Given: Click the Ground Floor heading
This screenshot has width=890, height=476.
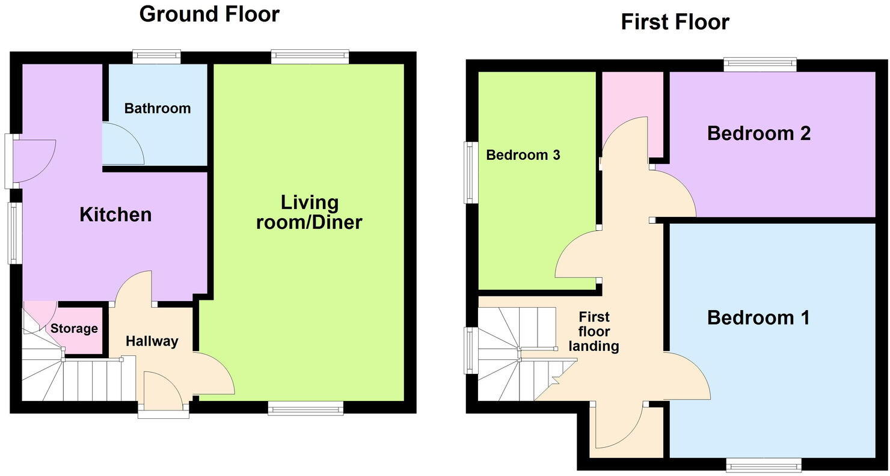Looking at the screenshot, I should [209, 14].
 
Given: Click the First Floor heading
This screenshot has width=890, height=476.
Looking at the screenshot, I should [675, 22].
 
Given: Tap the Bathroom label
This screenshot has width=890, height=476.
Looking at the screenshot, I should [158, 109].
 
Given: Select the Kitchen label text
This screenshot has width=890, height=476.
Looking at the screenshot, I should [115, 215].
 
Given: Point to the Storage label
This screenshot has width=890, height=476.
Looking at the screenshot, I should [74, 329].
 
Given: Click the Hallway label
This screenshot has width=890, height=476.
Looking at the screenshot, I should [152, 341].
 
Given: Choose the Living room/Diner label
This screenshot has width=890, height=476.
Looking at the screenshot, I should [309, 212].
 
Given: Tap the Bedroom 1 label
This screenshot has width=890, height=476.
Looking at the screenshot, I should [758, 317].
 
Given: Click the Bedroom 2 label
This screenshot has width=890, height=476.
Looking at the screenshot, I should [759, 133].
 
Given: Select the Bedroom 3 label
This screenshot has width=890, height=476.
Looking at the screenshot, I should [523, 155].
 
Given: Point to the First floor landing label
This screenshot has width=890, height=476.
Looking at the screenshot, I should [594, 331].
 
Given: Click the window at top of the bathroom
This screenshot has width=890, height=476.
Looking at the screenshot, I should [156, 57].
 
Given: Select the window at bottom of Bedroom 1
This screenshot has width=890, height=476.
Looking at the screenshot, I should [764, 465].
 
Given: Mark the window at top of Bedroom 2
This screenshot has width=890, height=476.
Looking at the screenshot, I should [760, 64].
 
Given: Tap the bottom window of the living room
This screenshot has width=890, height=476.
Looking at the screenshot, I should [305, 409].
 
